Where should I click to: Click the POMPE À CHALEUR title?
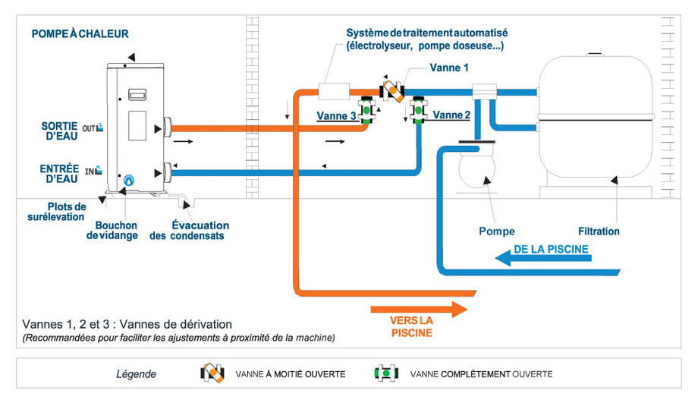pos(80,33)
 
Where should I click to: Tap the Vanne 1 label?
pos(449,68)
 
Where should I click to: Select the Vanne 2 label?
pos(451,115)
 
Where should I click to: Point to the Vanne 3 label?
pos(336,115)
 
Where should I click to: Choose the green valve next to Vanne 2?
pos(417,110)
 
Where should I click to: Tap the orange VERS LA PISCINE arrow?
pos(417,308)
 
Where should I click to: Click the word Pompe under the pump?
pos(497,231)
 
